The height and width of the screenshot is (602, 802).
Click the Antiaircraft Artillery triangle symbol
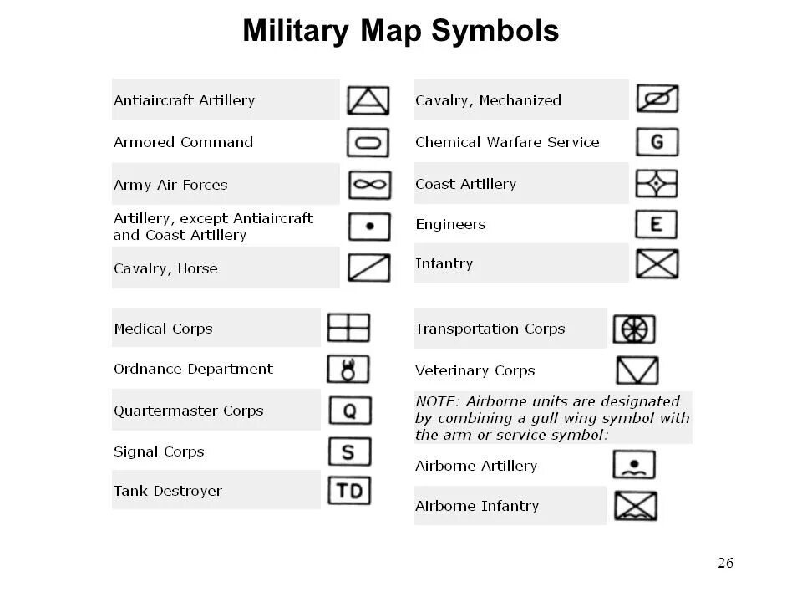[x=368, y=100]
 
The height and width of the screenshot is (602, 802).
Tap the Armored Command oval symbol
[x=368, y=143]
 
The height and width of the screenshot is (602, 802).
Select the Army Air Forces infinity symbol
[x=368, y=185]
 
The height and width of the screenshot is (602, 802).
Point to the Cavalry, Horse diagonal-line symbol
[x=368, y=268]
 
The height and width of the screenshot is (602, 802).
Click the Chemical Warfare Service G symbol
[x=657, y=142]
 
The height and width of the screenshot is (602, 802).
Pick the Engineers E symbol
[x=657, y=224]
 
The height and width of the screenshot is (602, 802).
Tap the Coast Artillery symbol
[x=657, y=184]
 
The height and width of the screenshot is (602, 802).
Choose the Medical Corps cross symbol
[x=348, y=328]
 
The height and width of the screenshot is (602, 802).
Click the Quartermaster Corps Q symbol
[x=350, y=411]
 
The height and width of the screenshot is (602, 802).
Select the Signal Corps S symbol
[x=350, y=451]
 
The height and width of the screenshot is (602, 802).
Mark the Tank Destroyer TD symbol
[x=349, y=491]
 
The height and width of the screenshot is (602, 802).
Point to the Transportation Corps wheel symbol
[x=634, y=329]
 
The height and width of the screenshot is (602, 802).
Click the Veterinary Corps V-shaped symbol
[x=637, y=370]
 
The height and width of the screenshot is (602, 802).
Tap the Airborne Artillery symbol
[x=634, y=465]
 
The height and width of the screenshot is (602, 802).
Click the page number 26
[x=725, y=563]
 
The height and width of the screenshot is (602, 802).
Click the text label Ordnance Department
[x=193, y=369]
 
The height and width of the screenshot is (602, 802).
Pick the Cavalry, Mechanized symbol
[x=657, y=99]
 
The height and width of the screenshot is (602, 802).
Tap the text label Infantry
[x=444, y=263]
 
